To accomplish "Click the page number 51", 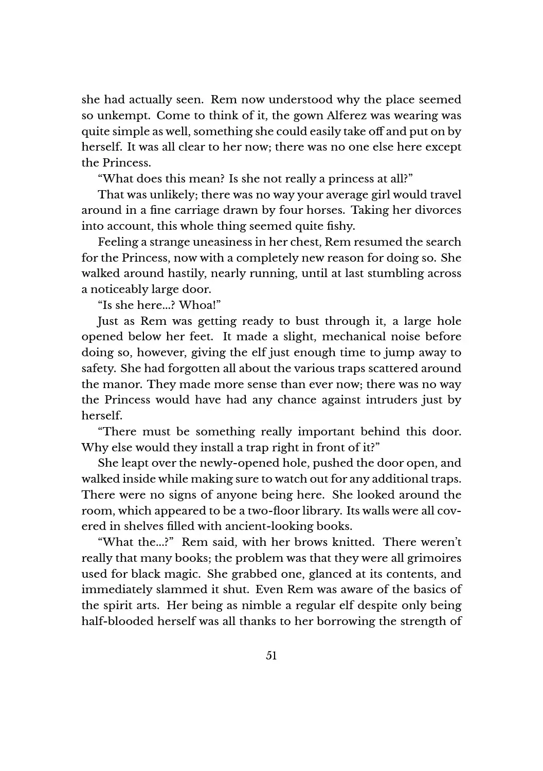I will [x=271, y=655].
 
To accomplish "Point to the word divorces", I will [x=438, y=210].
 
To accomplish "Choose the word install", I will [x=226, y=448].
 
